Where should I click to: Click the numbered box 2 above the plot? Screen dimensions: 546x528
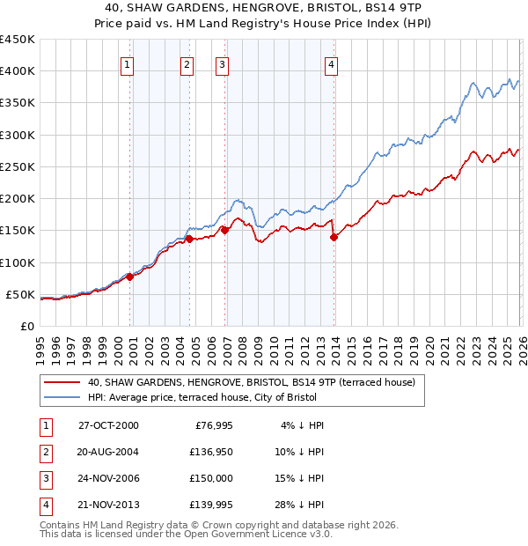coord(187,63)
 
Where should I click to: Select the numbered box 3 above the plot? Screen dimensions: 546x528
coord(223,63)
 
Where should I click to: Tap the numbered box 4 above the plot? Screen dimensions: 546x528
coord(331,63)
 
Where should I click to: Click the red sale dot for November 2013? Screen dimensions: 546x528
coord(334,236)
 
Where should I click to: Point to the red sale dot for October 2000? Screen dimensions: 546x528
coord(129,277)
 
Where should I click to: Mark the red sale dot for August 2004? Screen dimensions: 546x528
coord(189,239)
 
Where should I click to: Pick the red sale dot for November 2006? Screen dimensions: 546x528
coord(224,230)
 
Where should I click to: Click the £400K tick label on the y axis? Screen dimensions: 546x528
coord(18,71)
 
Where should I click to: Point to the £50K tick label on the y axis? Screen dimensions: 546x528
coord(20,294)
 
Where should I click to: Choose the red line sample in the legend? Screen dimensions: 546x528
coord(62,382)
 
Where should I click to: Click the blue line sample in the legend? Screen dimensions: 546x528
coord(62,397)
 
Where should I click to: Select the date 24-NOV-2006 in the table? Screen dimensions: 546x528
coord(108,478)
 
